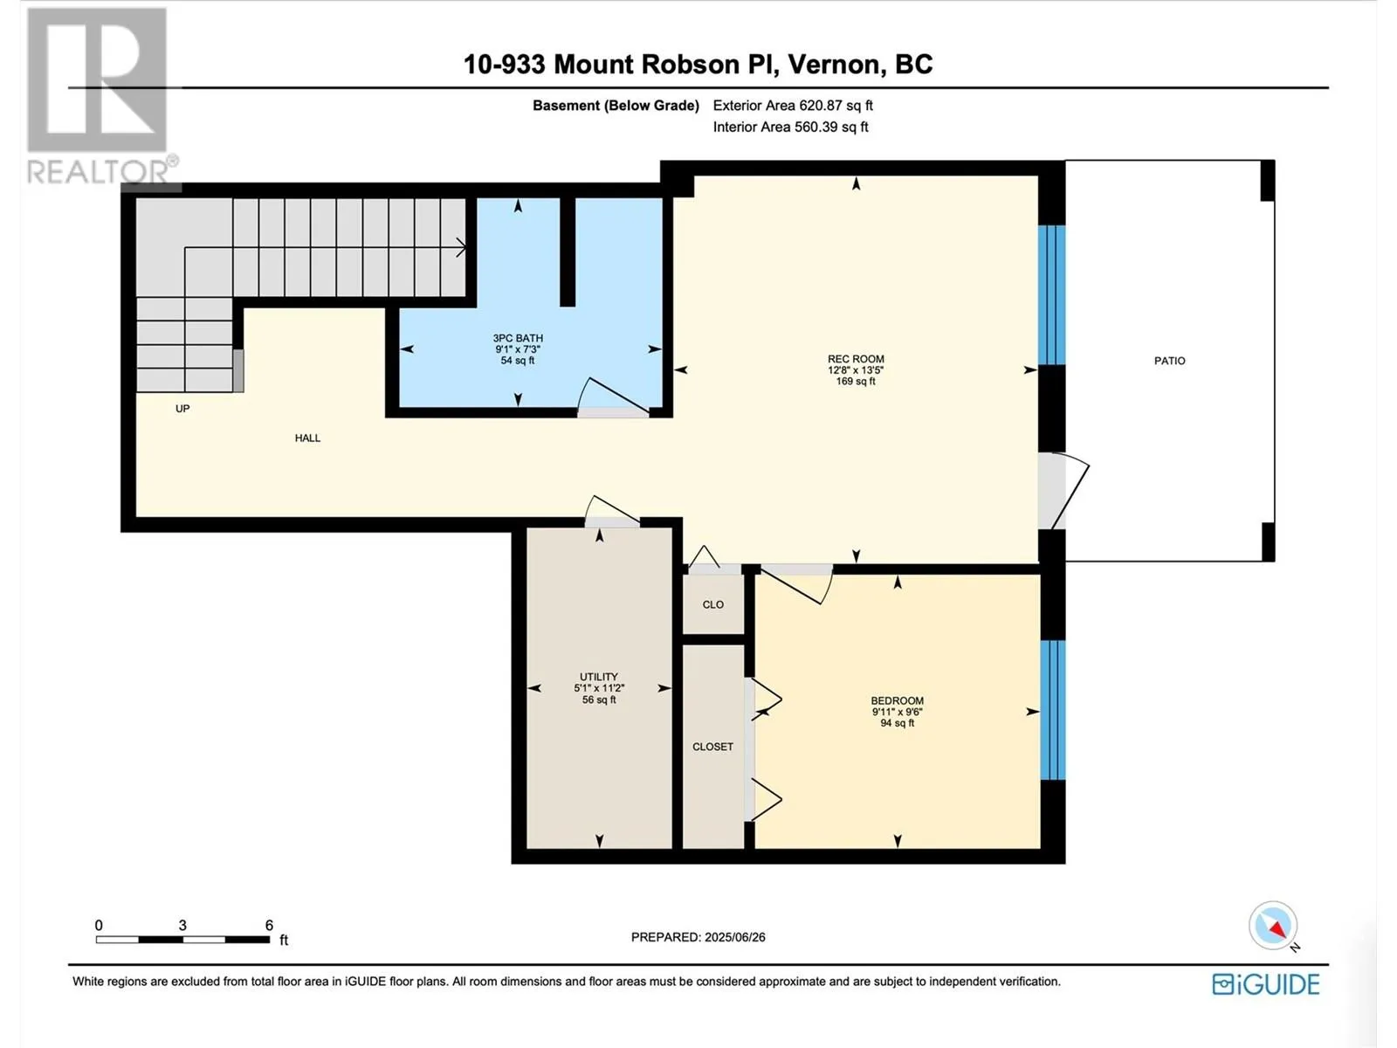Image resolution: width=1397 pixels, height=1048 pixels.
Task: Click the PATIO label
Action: point(1169,361)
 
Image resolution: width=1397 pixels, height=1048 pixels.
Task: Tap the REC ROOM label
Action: point(856,359)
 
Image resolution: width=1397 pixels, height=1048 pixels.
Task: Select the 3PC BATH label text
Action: point(518,338)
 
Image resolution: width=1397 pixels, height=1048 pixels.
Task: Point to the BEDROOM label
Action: point(897,700)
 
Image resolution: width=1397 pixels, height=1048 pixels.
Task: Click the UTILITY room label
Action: point(598,676)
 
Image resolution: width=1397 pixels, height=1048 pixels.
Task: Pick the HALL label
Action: point(307,438)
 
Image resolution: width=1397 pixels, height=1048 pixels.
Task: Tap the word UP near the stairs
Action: point(182,409)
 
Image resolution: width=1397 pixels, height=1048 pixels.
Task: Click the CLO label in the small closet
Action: point(712,604)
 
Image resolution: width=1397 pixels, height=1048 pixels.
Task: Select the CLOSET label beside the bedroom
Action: point(712,747)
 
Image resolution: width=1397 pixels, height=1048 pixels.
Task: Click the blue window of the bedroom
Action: point(1052,709)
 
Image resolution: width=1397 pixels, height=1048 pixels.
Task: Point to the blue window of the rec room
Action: point(1051,294)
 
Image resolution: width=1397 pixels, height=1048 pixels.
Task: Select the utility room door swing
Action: point(612,511)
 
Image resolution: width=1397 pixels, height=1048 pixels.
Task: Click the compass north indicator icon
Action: point(1273,925)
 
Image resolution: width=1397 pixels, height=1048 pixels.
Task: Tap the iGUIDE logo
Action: point(1265,984)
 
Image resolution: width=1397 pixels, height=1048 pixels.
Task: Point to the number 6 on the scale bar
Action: point(269,925)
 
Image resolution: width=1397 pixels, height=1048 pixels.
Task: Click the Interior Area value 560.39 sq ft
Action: point(831,127)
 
